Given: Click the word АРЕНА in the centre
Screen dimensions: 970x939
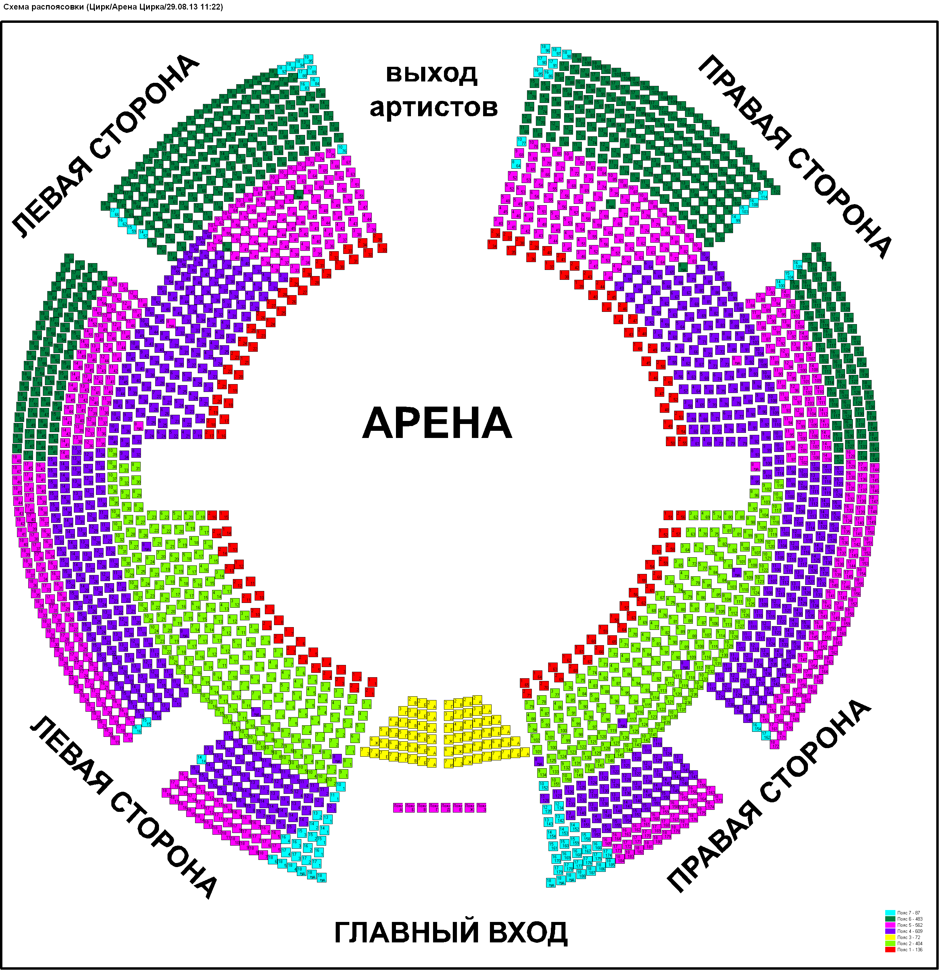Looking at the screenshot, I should (437, 423).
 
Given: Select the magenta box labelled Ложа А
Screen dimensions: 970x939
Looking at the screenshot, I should (398, 808).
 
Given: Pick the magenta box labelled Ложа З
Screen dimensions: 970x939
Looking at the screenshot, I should (482, 808).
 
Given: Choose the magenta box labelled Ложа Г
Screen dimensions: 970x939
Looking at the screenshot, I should (434, 808).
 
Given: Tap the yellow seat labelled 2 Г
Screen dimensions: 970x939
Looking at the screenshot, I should (449, 705).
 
